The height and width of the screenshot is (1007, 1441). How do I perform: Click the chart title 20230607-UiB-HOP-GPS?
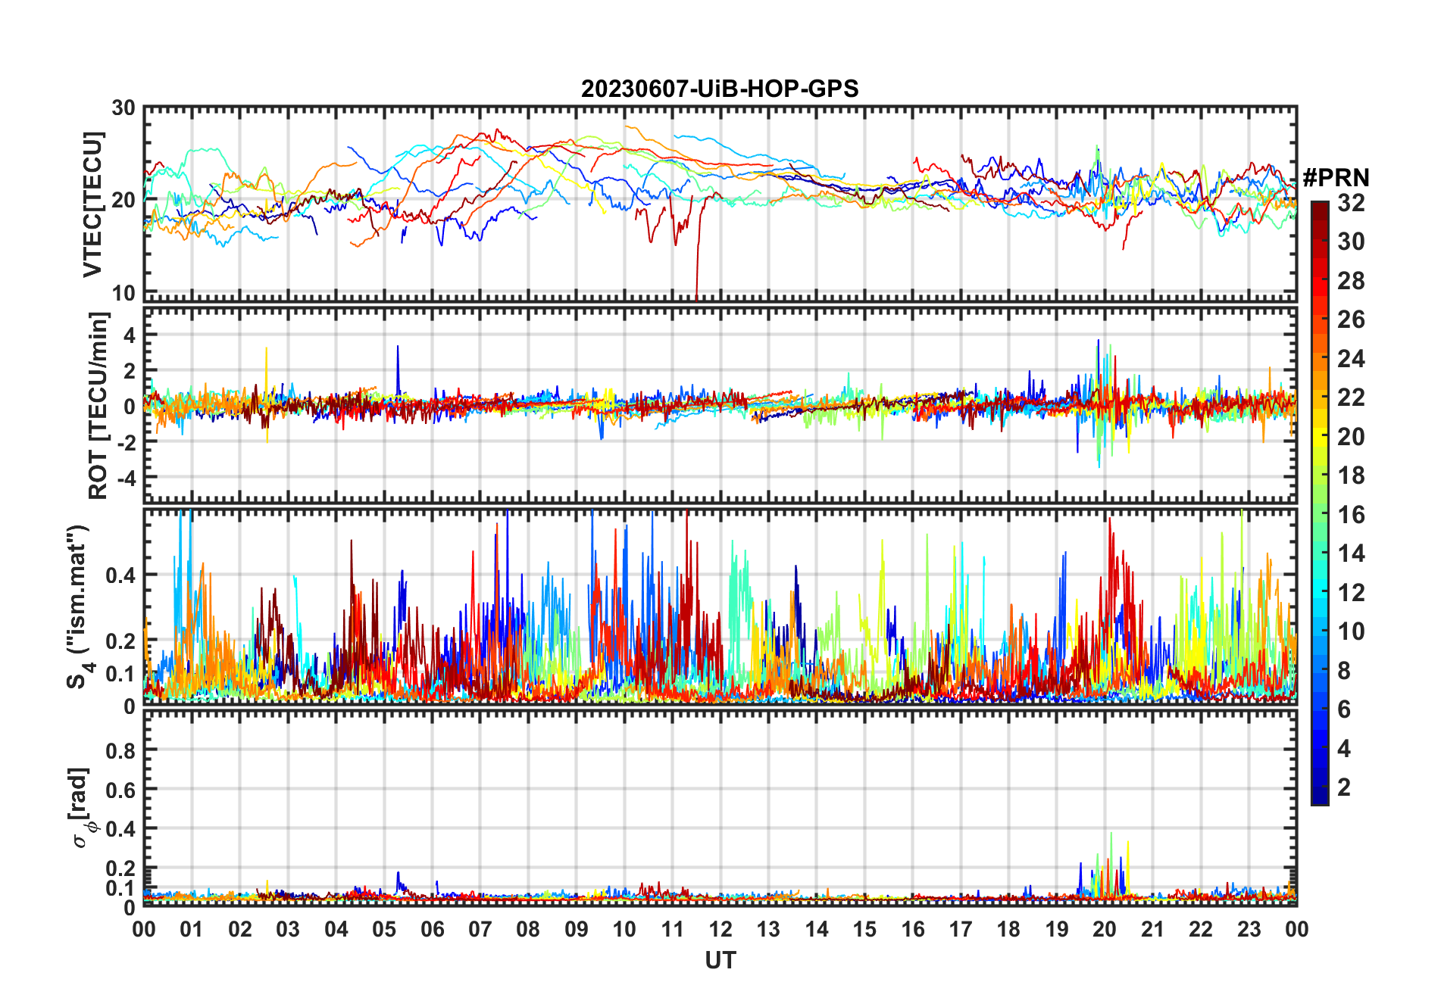tap(720, 89)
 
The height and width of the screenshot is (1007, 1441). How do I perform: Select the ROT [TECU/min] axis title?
tap(98, 406)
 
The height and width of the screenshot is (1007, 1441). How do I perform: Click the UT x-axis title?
tap(720, 961)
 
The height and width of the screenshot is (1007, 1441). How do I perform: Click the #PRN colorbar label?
tap(1336, 178)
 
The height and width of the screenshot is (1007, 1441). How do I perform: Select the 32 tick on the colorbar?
tap(1351, 203)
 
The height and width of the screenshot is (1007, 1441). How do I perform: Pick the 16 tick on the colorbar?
tap(1351, 515)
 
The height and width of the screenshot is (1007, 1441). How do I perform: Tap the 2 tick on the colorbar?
tap(1344, 787)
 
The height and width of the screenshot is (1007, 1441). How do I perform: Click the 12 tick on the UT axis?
tap(720, 930)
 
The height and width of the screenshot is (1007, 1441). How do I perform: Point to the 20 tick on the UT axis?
tap(1105, 930)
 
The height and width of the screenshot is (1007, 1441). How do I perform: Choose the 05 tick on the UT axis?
tap(384, 930)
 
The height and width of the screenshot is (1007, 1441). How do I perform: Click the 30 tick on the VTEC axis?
tap(124, 108)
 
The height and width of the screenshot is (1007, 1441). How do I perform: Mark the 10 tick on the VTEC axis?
tap(124, 293)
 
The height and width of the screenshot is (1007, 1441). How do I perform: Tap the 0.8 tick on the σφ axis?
tap(120, 750)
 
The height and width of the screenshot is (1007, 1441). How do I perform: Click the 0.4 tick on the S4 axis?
tap(120, 575)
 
